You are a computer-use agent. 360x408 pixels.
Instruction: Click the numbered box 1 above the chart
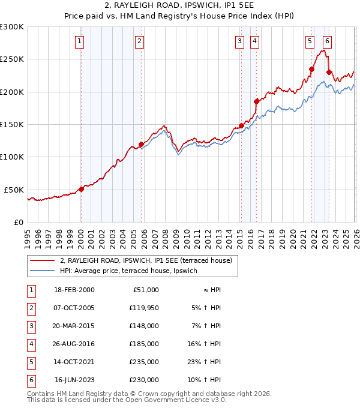pyautogui.click(x=80, y=41)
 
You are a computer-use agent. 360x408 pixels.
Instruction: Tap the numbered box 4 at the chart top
pyautogui.click(x=255, y=41)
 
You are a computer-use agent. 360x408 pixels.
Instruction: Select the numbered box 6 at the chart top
pyautogui.click(x=327, y=41)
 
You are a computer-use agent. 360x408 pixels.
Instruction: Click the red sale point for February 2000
pyautogui.click(x=81, y=188)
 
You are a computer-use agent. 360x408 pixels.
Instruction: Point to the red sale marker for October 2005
pyautogui.click(x=141, y=144)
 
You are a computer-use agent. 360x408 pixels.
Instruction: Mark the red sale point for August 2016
pyautogui.click(x=256, y=101)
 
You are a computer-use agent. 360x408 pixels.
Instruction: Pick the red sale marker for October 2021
pyautogui.click(x=312, y=69)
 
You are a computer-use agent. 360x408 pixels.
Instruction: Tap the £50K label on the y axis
pyautogui.click(x=14, y=190)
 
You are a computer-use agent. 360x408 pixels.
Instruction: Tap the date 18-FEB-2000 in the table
pyautogui.click(x=74, y=290)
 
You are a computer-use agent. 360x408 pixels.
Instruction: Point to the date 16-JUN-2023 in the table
pyautogui.click(x=74, y=380)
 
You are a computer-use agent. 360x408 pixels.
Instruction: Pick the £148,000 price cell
pyautogui.click(x=143, y=326)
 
